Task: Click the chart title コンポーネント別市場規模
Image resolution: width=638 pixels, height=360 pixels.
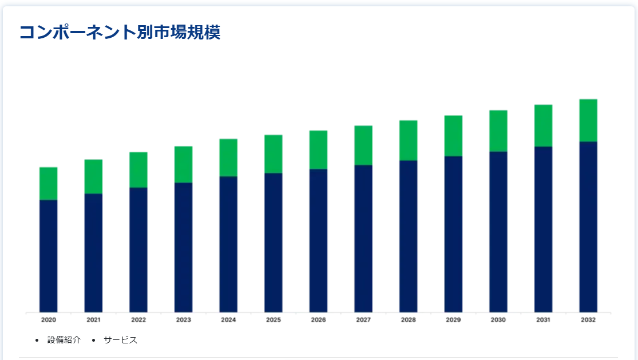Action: [120, 32]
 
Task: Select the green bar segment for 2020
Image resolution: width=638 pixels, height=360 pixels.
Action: [49, 184]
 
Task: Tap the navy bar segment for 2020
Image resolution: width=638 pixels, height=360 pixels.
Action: [49, 256]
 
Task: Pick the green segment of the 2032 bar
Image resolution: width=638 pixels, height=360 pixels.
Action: [588, 120]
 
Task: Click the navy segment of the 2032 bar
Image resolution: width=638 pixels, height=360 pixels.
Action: [588, 227]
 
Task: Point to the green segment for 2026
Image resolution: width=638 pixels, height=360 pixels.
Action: [318, 150]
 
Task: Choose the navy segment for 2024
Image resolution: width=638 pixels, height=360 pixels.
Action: [228, 244]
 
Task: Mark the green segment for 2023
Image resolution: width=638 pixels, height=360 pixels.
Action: [184, 164]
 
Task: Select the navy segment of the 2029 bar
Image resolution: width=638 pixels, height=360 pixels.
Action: [453, 234]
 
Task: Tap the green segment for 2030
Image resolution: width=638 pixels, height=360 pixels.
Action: [498, 131]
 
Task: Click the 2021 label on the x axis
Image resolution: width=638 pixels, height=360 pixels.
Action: [94, 320]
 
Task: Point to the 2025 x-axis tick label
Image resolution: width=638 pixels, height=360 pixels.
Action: [274, 320]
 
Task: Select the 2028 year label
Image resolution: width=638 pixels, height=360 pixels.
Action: [409, 320]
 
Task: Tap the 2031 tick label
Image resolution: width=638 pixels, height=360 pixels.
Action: [543, 320]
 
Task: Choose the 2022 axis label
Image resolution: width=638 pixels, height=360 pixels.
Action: [138, 320]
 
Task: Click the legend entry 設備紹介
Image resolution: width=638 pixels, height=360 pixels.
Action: [64, 340]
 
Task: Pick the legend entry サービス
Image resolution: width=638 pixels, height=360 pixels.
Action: [120, 340]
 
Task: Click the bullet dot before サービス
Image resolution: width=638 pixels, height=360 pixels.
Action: [94, 341]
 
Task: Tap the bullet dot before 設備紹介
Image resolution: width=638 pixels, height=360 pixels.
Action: [37, 341]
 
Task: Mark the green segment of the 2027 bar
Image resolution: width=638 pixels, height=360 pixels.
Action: [363, 145]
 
